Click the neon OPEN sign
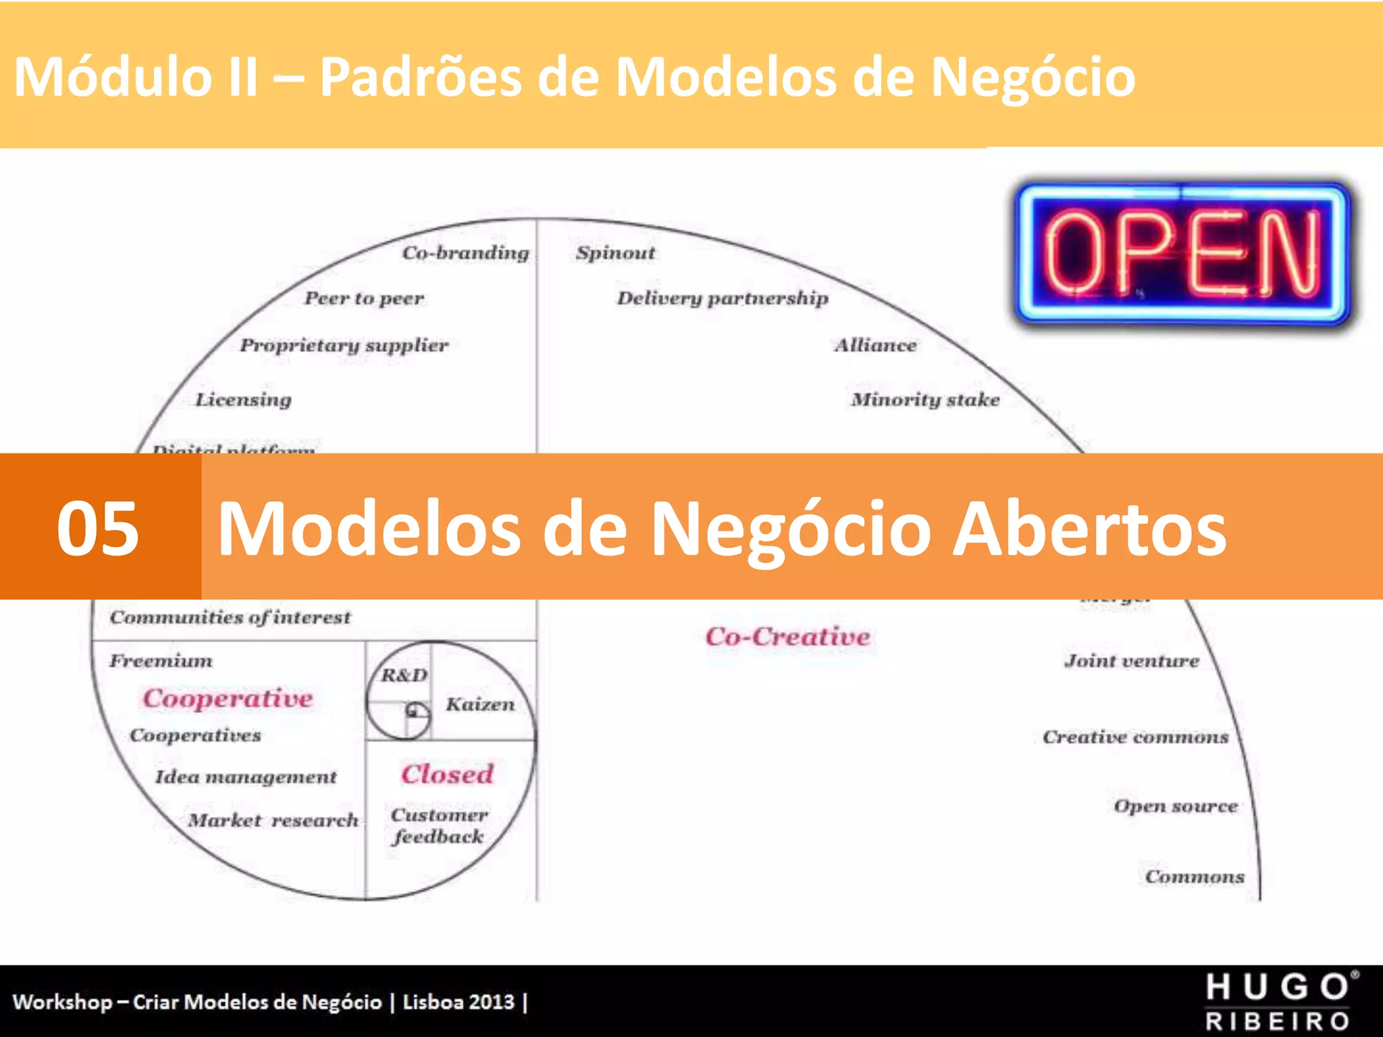pyautogui.click(x=1183, y=253)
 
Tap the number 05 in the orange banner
pyautogui.click(x=98, y=528)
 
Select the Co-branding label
pyautogui.click(x=466, y=252)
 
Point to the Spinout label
pyautogui.click(x=615, y=253)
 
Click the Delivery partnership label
pyautogui.click(x=723, y=298)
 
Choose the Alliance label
pyautogui.click(x=876, y=345)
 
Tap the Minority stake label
pyautogui.click(x=925, y=400)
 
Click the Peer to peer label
pyautogui.click(x=365, y=298)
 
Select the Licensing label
pyautogui.click(x=244, y=400)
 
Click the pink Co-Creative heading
pyautogui.click(x=787, y=637)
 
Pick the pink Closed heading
pyautogui.click(x=448, y=774)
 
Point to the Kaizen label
pyautogui.click(x=480, y=704)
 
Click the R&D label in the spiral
pyautogui.click(x=404, y=675)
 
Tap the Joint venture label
pyautogui.click(x=1132, y=661)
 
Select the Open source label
pyautogui.click(x=1176, y=806)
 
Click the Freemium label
pyautogui.click(x=161, y=660)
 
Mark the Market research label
pyautogui.click(x=273, y=820)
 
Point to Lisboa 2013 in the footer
pyautogui.click(x=459, y=1002)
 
